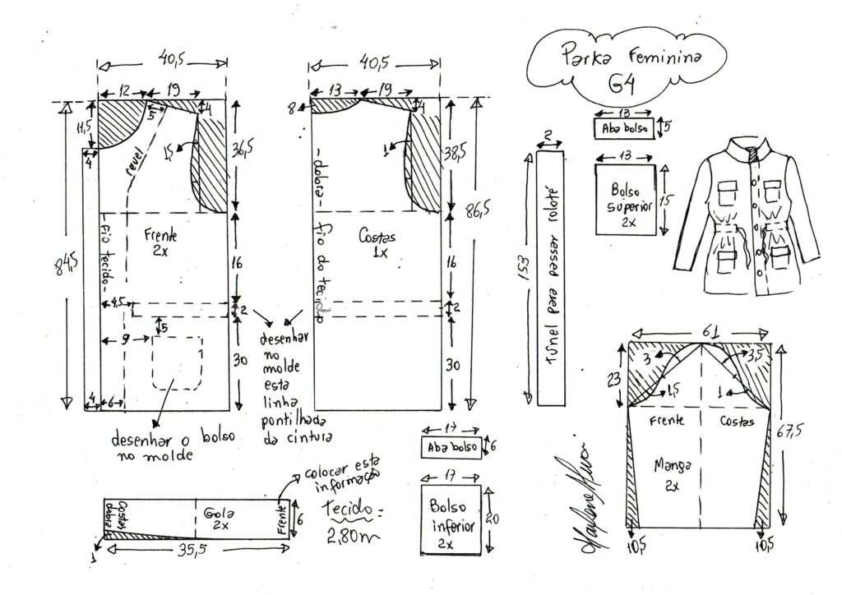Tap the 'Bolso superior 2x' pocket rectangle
tap(626, 200)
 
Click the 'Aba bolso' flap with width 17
tap(451, 447)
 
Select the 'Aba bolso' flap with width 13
tap(625, 129)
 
